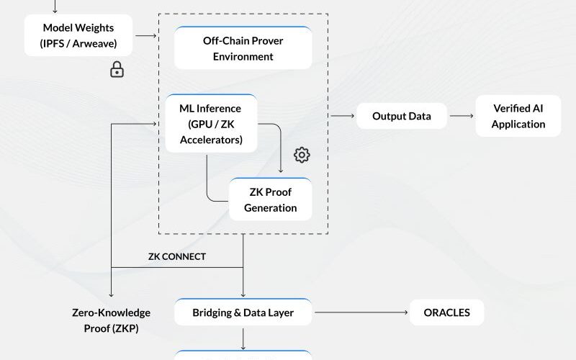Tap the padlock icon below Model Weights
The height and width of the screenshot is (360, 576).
pos(116,70)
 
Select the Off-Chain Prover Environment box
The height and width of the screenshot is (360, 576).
pos(243,48)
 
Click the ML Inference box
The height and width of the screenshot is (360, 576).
pos(210,125)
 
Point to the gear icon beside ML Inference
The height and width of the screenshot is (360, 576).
pos(302,155)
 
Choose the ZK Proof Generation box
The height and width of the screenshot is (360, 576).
pos(270,200)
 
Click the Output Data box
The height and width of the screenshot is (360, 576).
pos(401,116)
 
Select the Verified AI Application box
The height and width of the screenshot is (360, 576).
pos(518,116)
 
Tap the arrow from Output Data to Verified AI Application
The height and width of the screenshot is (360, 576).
pos(461,116)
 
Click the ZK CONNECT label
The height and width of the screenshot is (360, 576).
pos(177,256)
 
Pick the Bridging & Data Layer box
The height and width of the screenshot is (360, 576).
pos(243,312)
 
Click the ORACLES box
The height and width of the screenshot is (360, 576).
pos(447,312)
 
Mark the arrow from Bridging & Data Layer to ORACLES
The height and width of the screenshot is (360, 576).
pos(360,312)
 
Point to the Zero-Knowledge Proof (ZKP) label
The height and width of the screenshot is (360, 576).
pos(111,320)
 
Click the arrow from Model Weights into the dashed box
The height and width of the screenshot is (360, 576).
pos(146,35)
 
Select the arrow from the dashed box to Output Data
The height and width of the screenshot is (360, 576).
pos(342,116)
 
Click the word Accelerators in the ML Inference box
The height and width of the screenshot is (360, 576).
pos(210,140)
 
